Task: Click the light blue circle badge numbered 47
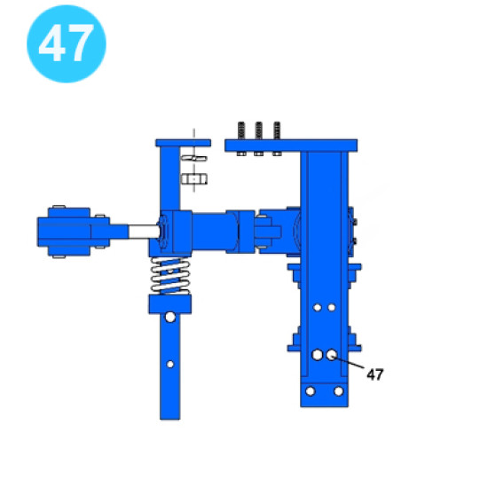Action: [x=67, y=43]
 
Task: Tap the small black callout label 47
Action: [x=375, y=374]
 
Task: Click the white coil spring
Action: [x=170, y=276]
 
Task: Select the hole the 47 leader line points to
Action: [x=332, y=355]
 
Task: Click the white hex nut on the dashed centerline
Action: [x=194, y=179]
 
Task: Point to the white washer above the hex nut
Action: [x=194, y=159]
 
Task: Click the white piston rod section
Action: [x=145, y=232]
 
